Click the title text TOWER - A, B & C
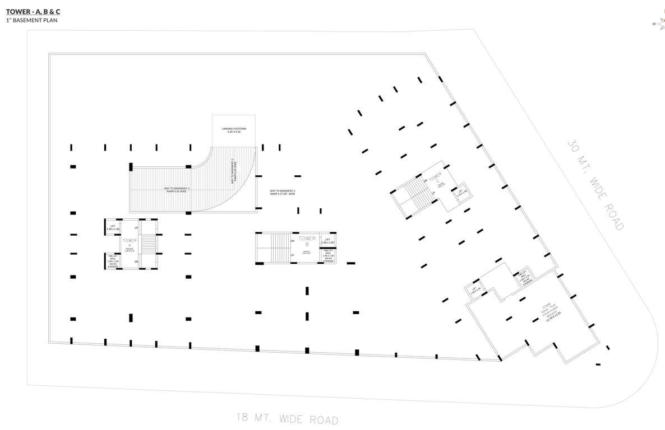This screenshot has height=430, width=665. pyautogui.click(x=33, y=11)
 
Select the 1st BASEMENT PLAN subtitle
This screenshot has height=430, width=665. pyautogui.click(x=32, y=21)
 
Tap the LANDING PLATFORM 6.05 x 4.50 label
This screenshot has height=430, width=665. pyautogui.click(x=234, y=130)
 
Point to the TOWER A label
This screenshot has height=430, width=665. pyautogui.click(x=130, y=242)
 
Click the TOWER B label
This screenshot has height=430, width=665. pyautogui.click(x=307, y=241)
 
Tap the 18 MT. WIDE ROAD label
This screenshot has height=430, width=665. pyautogui.click(x=287, y=419)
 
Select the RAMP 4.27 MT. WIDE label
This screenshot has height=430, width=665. pyautogui.click(x=282, y=193)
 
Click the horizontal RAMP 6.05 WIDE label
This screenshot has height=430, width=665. pyautogui.click(x=177, y=190)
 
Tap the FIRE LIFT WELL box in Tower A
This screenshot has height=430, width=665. pyautogui.click(x=113, y=261)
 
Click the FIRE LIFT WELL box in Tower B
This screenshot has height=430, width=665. pyautogui.click(x=328, y=256)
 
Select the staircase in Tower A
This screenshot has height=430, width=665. pyautogui.click(x=148, y=244)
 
